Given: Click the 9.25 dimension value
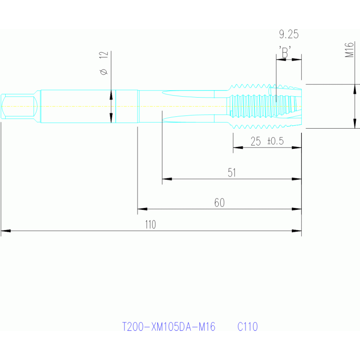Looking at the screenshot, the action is (x=288, y=34).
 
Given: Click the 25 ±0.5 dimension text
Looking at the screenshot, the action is (x=268, y=141).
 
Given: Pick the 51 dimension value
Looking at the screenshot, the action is (x=231, y=173).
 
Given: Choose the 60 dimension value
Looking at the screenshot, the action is (x=219, y=203).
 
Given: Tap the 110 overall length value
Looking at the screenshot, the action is (x=150, y=225).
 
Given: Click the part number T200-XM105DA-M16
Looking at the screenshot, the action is (x=169, y=327).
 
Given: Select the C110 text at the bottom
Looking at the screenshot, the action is (x=247, y=327).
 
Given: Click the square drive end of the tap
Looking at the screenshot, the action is (x=19, y=106).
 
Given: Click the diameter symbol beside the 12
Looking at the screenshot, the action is (x=104, y=72).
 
